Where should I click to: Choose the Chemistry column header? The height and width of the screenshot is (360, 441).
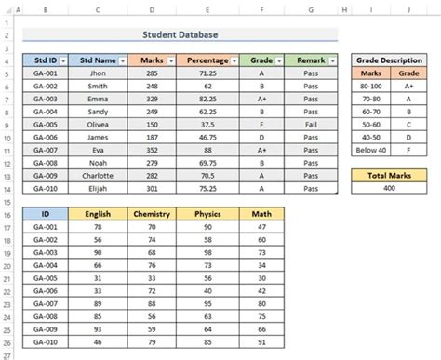[152, 213]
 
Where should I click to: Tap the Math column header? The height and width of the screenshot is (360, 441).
[261, 213]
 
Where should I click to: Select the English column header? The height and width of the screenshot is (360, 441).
[98, 213]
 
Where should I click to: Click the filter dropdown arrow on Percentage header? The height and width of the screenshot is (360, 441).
[234, 59]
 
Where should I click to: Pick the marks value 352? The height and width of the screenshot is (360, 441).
[152, 149]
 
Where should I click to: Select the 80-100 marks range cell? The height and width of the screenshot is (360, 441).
[370, 85]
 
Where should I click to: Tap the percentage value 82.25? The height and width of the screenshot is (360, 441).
[209, 98]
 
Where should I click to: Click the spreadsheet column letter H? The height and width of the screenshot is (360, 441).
[343, 12]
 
